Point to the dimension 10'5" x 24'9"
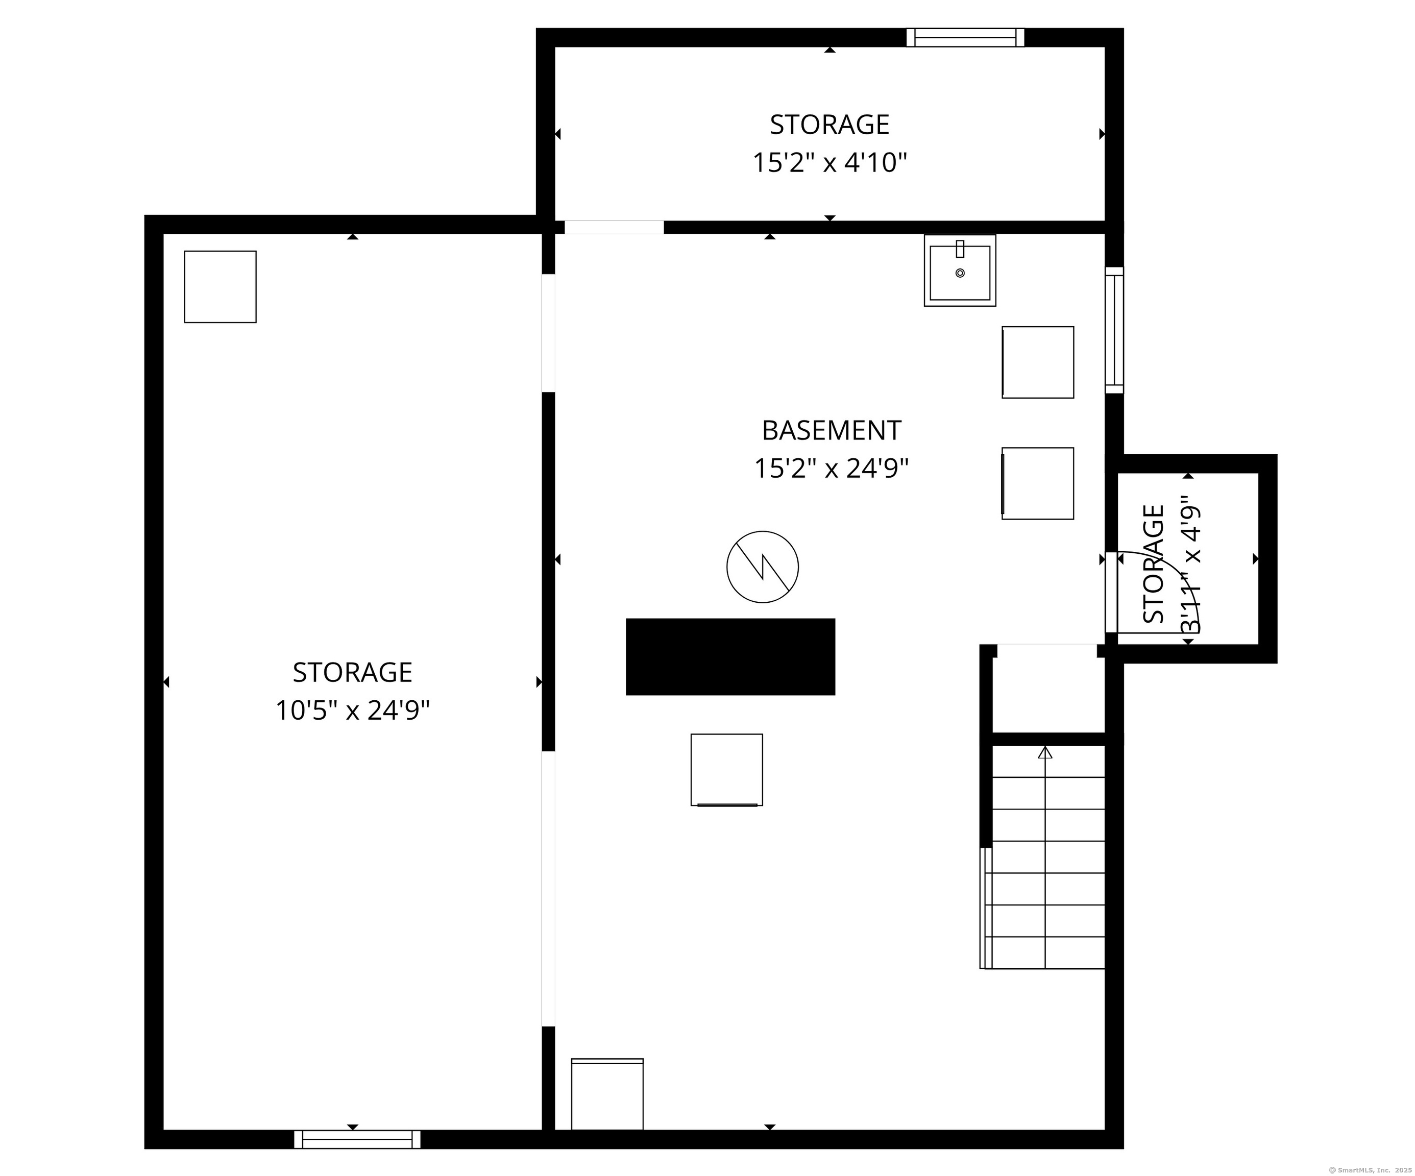352,710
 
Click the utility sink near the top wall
960,270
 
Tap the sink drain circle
960,273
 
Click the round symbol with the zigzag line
762,567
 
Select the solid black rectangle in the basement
730,656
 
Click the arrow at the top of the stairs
1045,753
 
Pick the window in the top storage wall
965,38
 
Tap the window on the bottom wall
357,1139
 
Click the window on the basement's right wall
1114,330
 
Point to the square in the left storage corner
221,287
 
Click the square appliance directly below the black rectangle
726,770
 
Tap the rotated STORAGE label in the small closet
1154,564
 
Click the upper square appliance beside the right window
1038,362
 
